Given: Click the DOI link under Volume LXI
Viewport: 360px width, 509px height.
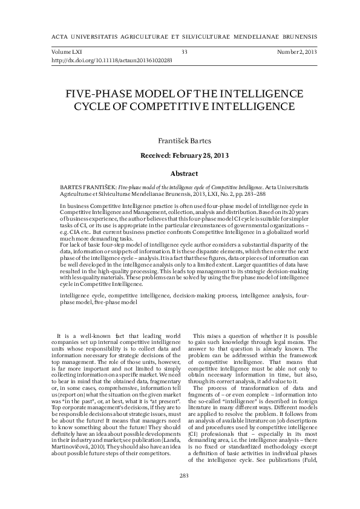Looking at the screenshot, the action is click(112, 60).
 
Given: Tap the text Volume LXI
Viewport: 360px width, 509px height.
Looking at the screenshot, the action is click(68, 53).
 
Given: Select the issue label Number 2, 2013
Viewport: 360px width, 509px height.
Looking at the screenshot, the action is click(296, 53).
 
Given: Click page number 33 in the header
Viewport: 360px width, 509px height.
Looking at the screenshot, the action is click(184, 53).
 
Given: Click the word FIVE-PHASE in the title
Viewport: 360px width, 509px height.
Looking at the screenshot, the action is click(91, 95).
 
